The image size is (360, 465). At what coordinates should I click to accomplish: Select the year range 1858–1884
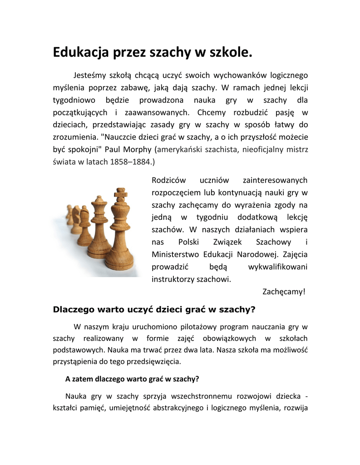[131, 162]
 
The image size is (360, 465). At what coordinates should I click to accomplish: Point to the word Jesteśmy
[93, 75]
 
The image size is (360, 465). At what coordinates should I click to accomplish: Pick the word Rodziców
[168, 181]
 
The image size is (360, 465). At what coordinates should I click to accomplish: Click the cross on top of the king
[120, 194]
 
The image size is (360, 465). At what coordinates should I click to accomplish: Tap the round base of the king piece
[119, 263]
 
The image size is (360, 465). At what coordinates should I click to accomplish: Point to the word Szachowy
[274, 242]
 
